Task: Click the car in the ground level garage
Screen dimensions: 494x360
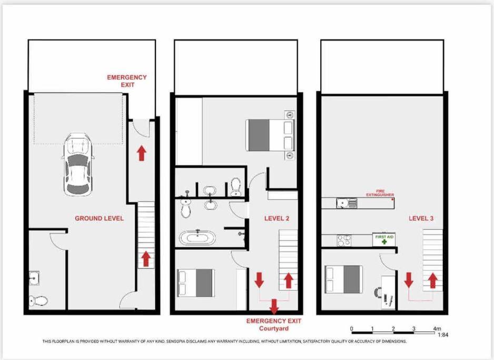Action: pyautogui.click(x=78, y=164)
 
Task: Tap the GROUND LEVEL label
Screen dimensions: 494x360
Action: pyautogui.click(x=99, y=218)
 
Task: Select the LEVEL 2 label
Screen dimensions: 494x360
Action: pyautogui.click(x=276, y=218)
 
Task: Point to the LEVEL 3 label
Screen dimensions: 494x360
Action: pyautogui.click(x=421, y=218)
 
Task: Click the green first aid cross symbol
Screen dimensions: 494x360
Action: pyautogui.click(x=384, y=242)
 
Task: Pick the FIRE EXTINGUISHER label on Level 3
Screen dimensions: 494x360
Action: pyautogui.click(x=380, y=193)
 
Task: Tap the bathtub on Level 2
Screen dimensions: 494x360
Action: pyautogui.click(x=197, y=237)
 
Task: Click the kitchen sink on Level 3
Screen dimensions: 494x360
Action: pyautogui.click(x=346, y=203)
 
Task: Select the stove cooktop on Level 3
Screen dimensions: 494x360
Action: pyautogui.click(x=344, y=240)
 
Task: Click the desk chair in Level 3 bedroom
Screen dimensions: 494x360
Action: pyautogui.click(x=378, y=292)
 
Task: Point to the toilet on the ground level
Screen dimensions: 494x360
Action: pyautogui.click(x=38, y=301)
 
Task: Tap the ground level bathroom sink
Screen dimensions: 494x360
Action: pyautogui.click(x=34, y=278)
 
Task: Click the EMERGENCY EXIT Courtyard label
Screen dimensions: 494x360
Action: pyautogui.click(x=274, y=325)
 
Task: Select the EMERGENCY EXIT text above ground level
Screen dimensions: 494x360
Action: pyautogui.click(x=127, y=81)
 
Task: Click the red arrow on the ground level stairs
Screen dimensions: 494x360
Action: pyautogui.click(x=145, y=259)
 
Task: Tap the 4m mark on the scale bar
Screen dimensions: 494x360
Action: pyautogui.click(x=437, y=328)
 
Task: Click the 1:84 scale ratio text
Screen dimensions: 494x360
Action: pyautogui.click(x=443, y=335)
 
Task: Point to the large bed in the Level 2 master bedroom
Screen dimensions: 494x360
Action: pyautogui.click(x=270, y=135)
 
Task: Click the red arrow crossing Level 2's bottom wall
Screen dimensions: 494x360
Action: pyautogui.click(x=274, y=306)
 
